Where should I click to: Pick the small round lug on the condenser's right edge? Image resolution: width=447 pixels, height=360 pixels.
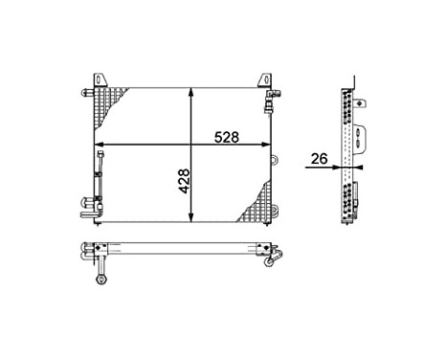[x=275, y=160]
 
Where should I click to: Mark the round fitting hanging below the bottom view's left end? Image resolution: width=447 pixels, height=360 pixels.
[x=100, y=280]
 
